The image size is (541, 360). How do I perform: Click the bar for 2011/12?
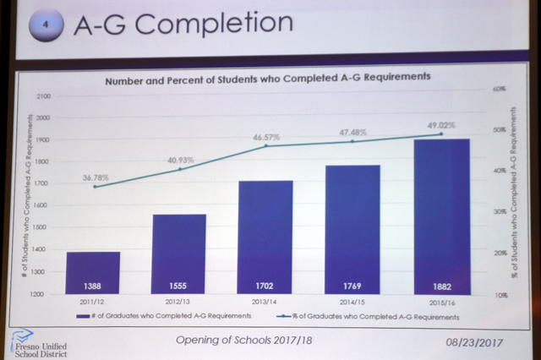94,272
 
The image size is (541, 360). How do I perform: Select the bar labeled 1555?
179,254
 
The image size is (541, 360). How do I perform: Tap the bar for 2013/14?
265,237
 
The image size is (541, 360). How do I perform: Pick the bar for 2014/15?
352,229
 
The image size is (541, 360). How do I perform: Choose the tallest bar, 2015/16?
441,216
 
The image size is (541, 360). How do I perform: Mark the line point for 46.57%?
265,145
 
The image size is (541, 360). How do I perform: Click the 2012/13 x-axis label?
178,301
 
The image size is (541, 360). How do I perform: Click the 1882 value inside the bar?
441,286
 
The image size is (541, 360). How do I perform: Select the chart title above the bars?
268,77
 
